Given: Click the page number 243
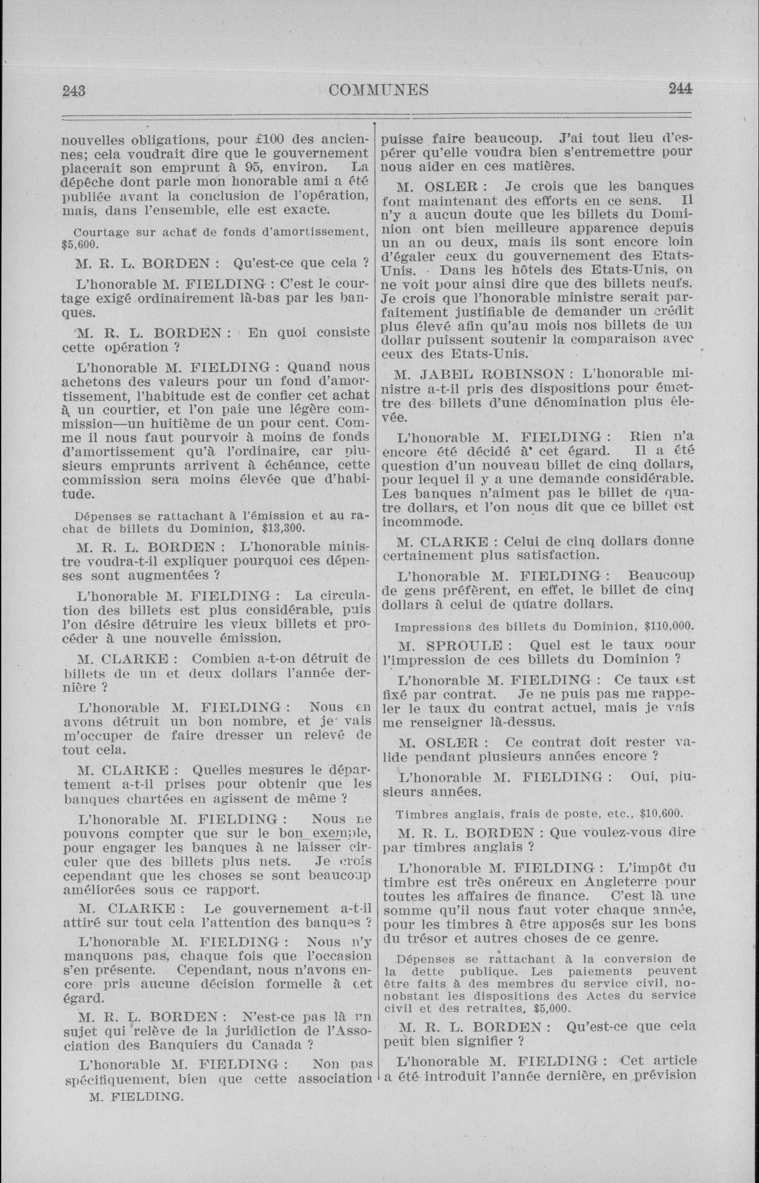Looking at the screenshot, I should coord(74,91).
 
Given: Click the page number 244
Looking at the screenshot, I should coord(680,89).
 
